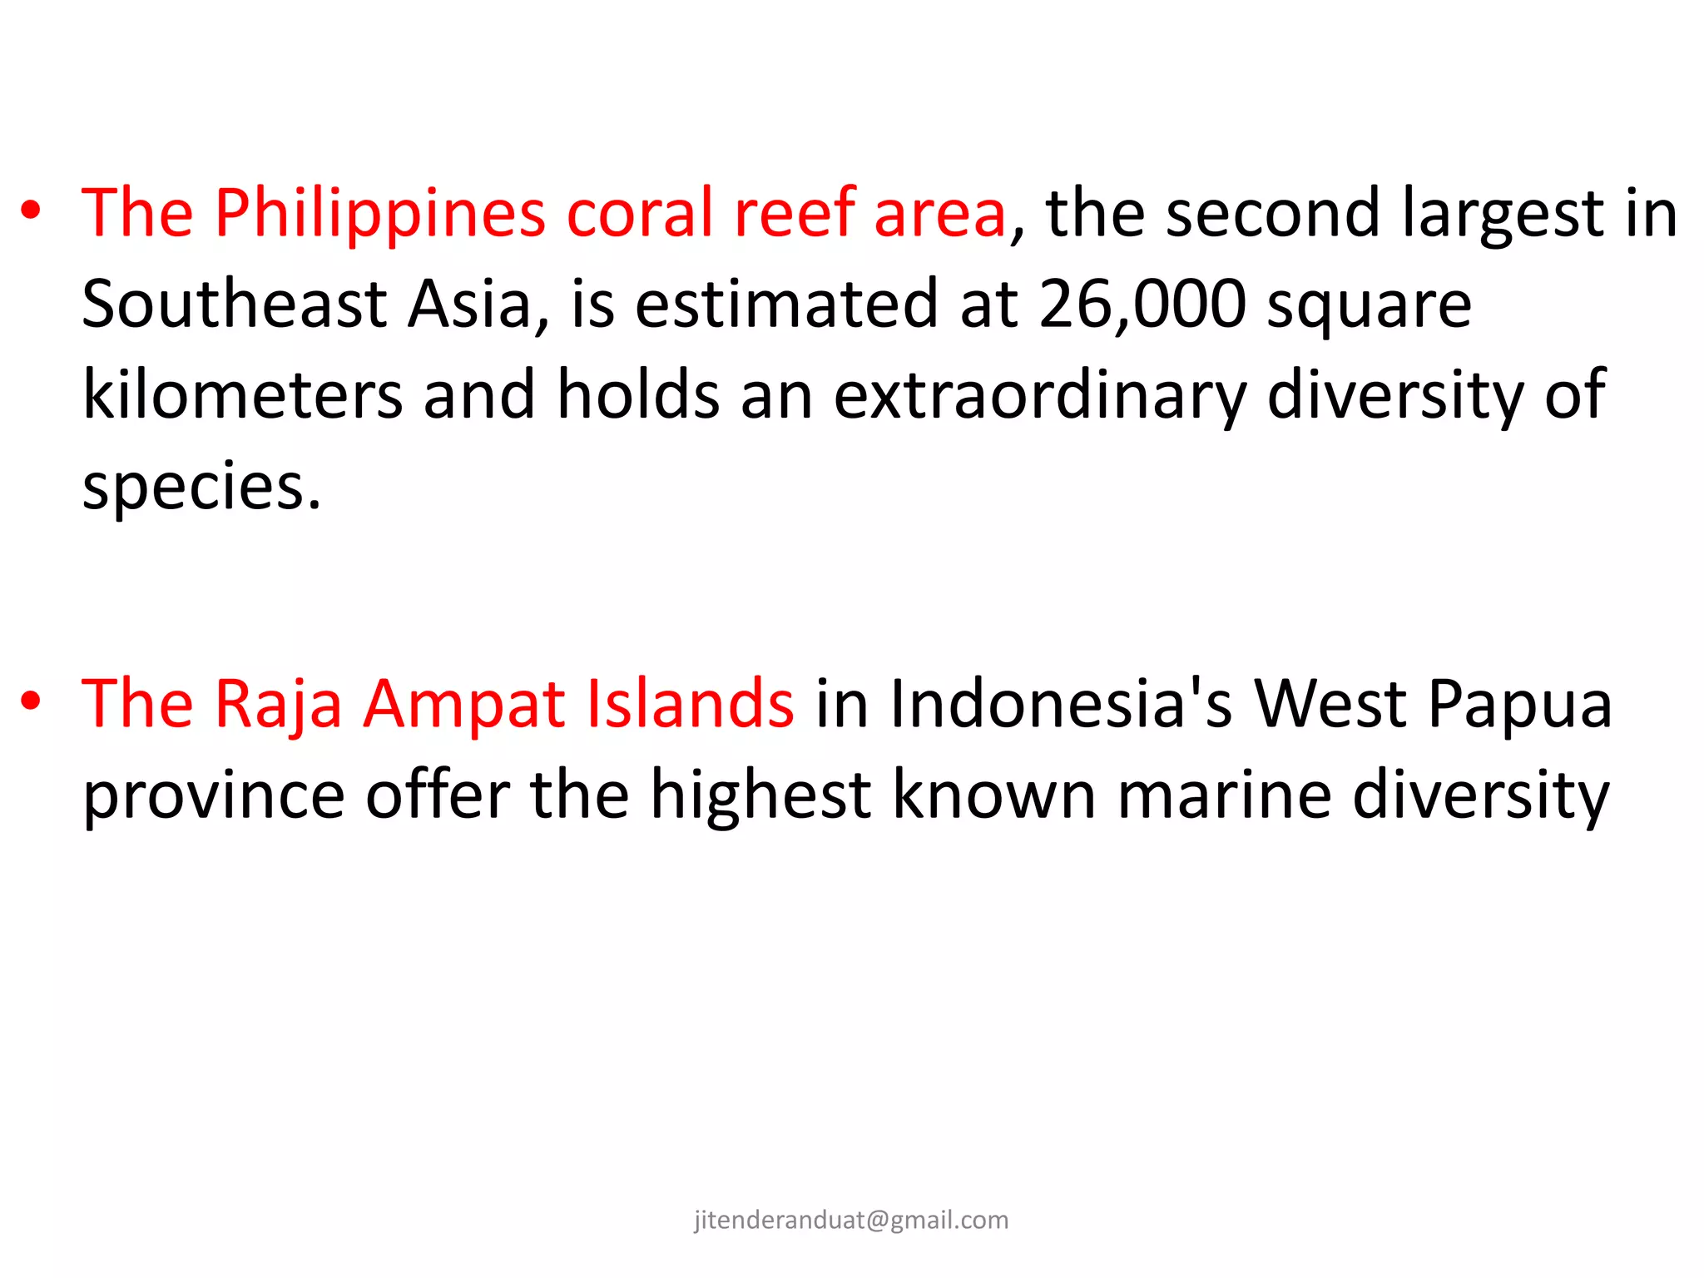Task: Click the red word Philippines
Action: click(379, 214)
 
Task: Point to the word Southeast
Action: click(234, 305)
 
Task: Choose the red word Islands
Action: click(691, 704)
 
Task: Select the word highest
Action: click(760, 796)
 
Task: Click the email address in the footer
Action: click(851, 1220)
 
